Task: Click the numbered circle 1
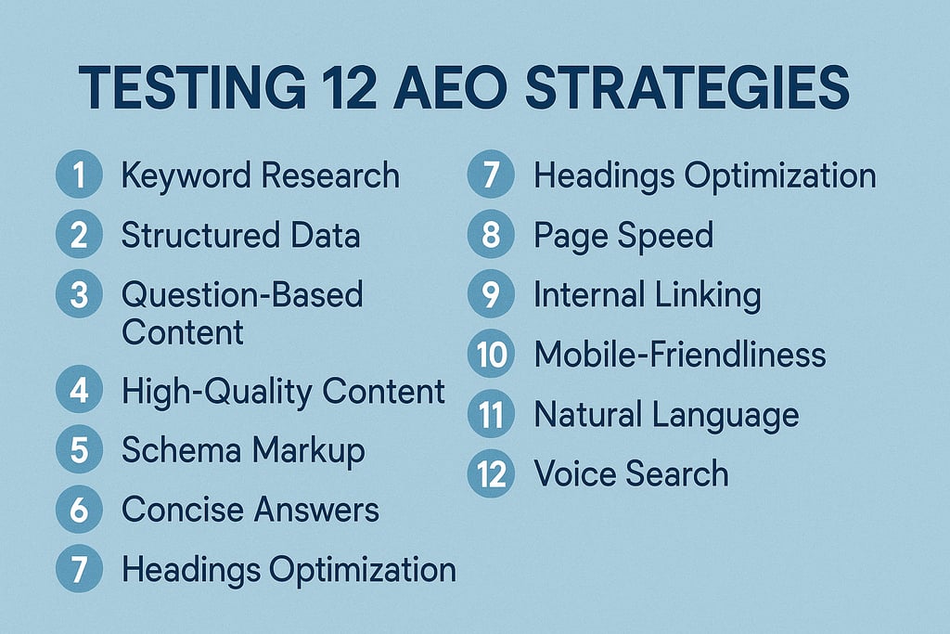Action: [x=79, y=175]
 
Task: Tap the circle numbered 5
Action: [x=79, y=451]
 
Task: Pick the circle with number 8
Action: [x=491, y=236]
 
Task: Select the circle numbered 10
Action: [x=491, y=355]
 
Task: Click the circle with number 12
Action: [x=491, y=474]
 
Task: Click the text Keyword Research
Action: [x=261, y=175]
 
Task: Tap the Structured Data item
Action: [x=240, y=236]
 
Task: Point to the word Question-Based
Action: [x=242, y=296]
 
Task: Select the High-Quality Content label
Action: [x=283, y=391]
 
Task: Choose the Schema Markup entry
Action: [x=243, y=451]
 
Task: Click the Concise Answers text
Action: [x=250, y=510]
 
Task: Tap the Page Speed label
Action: [x=623, y=236]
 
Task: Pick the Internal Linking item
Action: [x=648, y=295]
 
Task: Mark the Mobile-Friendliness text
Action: [x=679, y=355]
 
